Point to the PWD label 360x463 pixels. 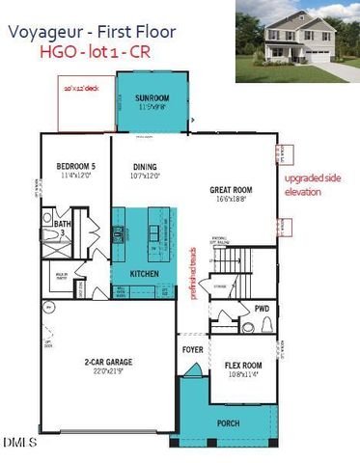262,309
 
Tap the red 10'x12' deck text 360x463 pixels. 80,86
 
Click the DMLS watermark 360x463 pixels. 18,443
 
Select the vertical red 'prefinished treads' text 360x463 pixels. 196,274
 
